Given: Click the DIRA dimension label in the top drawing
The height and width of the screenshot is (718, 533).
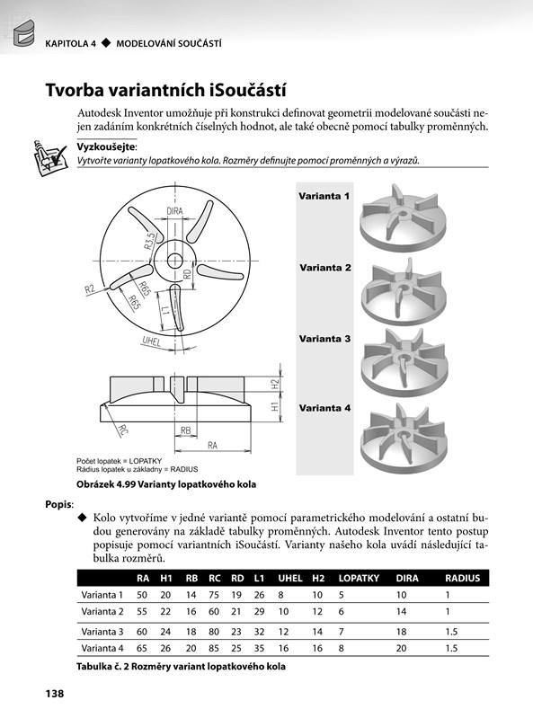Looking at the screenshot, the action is [174, 211].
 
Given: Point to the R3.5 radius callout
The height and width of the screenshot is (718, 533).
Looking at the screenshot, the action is [150, 242].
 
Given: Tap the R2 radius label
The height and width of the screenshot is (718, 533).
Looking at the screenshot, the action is [90, 289].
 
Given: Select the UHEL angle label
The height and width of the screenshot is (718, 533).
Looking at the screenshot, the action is [152, 341].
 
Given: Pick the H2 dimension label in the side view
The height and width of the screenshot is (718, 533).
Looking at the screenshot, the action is [275, 384].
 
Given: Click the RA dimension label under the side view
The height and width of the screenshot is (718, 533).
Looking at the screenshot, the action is [212, 445].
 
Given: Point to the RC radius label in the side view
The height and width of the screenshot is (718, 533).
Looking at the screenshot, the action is [123, 430].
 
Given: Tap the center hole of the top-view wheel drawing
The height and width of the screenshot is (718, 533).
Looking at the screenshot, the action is [174, 261].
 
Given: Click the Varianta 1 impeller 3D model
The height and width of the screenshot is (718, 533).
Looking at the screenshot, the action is [403, 218].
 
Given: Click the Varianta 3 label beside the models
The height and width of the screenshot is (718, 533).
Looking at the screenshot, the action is [324, 339].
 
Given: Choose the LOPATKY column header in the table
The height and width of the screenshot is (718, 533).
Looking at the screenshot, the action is [359, 578].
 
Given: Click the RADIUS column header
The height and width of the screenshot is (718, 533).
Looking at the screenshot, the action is [463, 578].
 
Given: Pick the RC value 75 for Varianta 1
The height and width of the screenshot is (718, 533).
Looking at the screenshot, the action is [214, 595].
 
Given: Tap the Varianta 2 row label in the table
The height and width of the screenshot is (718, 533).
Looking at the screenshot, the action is [102, 612].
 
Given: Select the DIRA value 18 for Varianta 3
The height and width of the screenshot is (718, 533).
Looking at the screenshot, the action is [401, 632].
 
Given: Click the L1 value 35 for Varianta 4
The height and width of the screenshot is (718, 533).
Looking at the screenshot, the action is [259, 649].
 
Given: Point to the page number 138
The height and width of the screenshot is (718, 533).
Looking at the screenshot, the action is [55, 694].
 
